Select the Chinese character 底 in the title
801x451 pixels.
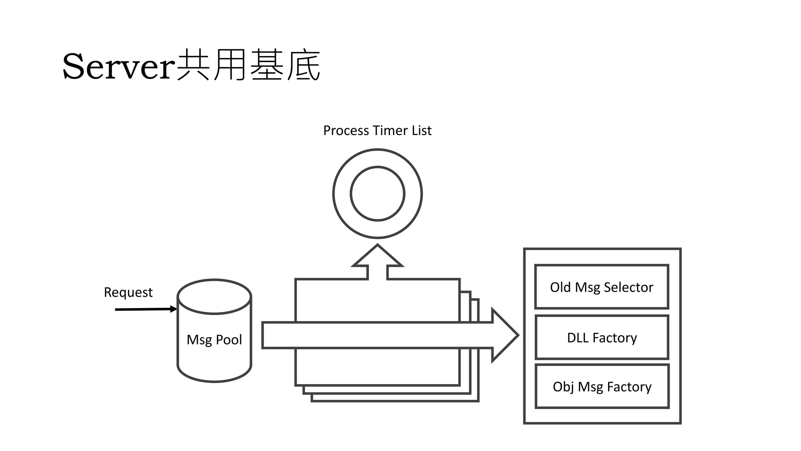pyautogui.click(x=304, y=65)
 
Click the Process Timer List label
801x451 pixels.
pyautogui.click(x=377, y=130)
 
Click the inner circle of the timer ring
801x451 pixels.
pyautogui.click(x=377, y=193)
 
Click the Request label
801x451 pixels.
pyautogui.click(x=128, y=292)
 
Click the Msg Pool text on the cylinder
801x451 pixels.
pyautogui.click(x=214, y=339)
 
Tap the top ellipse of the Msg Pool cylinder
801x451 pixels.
pyautogui.click(x=214, y=296)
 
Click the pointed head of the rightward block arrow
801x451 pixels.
pyautogui.click(x=505, y=335)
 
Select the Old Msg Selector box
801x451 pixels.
pyautogui.click(x=602, y=287)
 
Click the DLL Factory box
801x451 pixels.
pyautogui.click(x=602, y=337)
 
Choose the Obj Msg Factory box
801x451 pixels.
pyautogui.click(x=602, y=386)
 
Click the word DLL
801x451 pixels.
pyautogui.click(x=578, y=337)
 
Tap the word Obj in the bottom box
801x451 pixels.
pyautogui.click(x=563, y=387)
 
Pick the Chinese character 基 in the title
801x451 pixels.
pyautogui.click(x=267, y=65)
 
